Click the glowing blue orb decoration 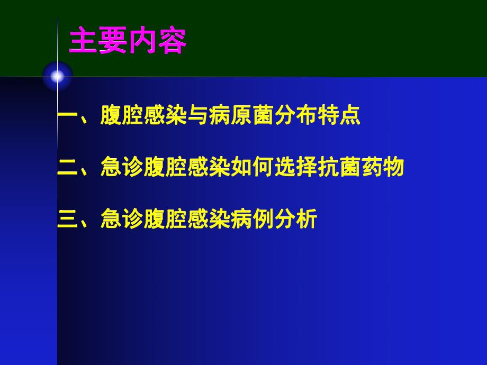coord(57,77)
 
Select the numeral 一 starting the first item coord(68,116)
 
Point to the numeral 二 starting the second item coord(68,168)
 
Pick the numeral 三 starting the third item coord(68,219)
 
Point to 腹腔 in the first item coord(122,116)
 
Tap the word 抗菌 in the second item coord(339,168)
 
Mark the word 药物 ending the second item coord(383,168)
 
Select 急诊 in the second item coord(122,168)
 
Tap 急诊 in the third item coord(122,219)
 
